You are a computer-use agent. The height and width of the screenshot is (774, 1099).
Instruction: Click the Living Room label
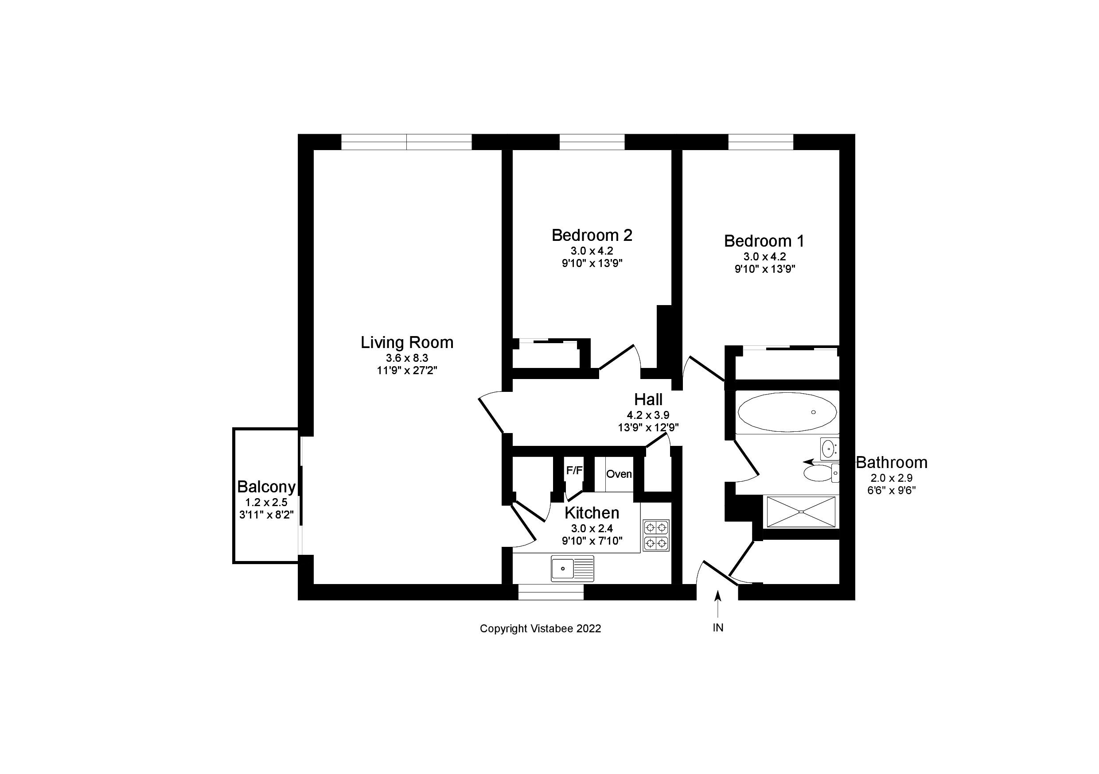click(407, 343)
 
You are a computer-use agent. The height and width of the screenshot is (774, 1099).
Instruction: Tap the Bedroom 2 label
click(592, 236)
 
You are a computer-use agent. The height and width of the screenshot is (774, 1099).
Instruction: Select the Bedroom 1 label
click(764, 241)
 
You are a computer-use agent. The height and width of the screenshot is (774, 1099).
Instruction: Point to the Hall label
click(649, 399)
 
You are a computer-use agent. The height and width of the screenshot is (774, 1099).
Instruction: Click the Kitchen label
click(592, 513)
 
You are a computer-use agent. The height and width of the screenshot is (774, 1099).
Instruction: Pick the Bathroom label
click(892, 463)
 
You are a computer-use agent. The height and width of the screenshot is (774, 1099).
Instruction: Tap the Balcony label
click(267, 487)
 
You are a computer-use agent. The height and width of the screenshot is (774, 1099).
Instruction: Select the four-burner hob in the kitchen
click(656, 535)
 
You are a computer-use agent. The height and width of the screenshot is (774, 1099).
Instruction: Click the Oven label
click(619, 474)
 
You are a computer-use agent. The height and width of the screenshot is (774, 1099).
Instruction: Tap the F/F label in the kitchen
click(574, 471)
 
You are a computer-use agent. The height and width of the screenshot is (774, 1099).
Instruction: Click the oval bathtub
click(787, 412)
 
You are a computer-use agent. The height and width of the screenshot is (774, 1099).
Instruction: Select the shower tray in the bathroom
click(801, 512)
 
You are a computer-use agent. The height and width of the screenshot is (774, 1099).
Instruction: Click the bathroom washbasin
click(830, 448)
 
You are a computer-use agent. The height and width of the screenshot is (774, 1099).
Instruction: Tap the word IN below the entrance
click(718, 628)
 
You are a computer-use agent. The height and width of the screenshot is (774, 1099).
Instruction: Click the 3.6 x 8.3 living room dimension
click(407, 358)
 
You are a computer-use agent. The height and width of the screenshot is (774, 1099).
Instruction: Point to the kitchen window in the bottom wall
click(551, 592)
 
